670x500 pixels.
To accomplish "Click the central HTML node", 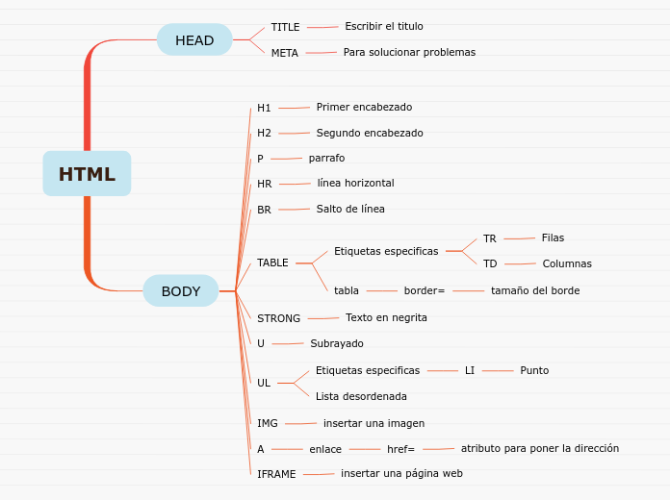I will click(x=87, y=174).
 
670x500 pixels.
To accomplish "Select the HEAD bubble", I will click(x=194, y=40).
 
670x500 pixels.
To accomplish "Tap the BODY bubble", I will click(x=181, y=291).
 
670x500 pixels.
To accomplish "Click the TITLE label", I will click(x=285, y=27).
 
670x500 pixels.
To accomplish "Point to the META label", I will click(x=284, y=53).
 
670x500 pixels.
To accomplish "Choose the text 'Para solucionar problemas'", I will click(x=409, y=52).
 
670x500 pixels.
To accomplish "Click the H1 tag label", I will click(x=264, y=108).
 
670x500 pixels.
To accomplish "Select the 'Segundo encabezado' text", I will click(x=370, y=133).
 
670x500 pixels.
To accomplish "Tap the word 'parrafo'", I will click(x=326, y=158).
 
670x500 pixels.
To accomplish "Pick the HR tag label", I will click(x=265, y=184).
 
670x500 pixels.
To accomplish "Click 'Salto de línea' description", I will click(x=350, y=209).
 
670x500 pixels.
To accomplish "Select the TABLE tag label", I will click(x=272, y=262).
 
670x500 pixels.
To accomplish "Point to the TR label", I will click(x=490, y=238).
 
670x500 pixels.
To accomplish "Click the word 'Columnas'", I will click(x=567, y=263).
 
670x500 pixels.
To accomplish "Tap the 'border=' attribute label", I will click(x=425, y=290).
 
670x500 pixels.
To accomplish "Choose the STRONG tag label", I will click(x=278, y=318).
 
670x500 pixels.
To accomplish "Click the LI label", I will click(x=470, y=370).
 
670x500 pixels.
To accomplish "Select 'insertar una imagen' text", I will click(x=374, y=423).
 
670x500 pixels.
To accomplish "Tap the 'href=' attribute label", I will click(x=400, y=449).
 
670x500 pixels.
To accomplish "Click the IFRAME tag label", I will click(x=276, y=474).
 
